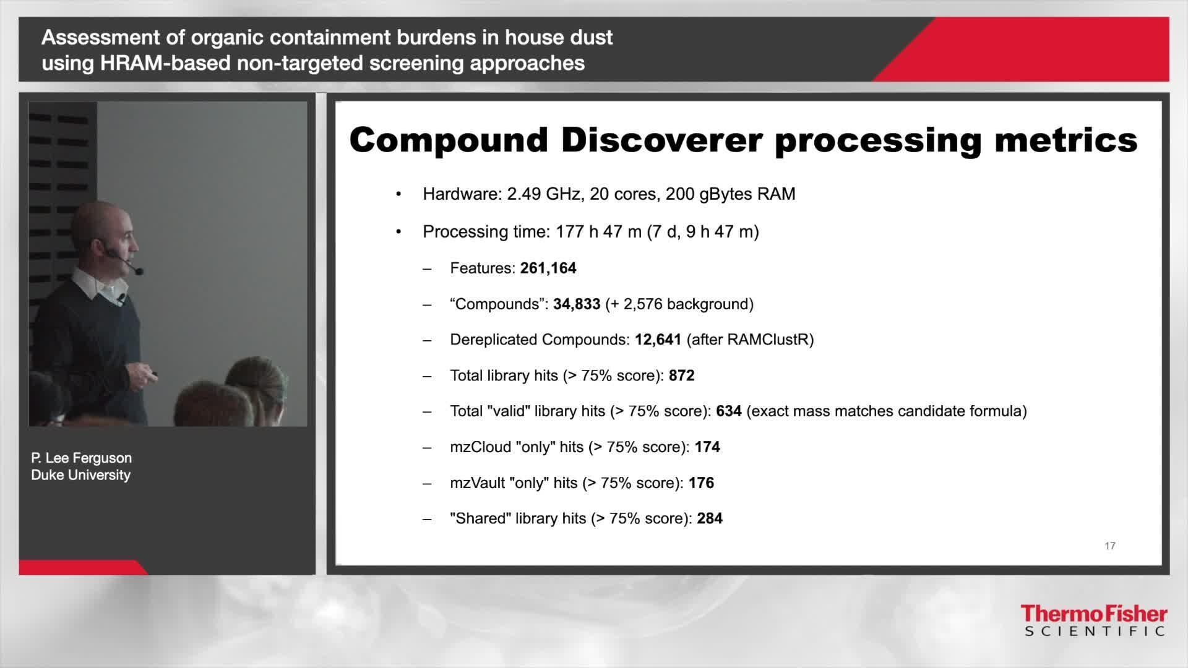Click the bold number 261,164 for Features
548,268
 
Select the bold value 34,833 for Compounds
576,304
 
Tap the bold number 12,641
658,340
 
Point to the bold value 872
681,375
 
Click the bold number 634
728,411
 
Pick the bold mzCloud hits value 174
707,447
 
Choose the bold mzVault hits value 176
701,483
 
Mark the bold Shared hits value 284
709,518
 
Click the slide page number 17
1109,546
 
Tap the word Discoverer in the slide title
661,140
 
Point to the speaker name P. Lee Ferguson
81,458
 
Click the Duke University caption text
80,475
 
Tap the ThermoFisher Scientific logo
1093,620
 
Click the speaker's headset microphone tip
139,271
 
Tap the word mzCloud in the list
480,447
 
